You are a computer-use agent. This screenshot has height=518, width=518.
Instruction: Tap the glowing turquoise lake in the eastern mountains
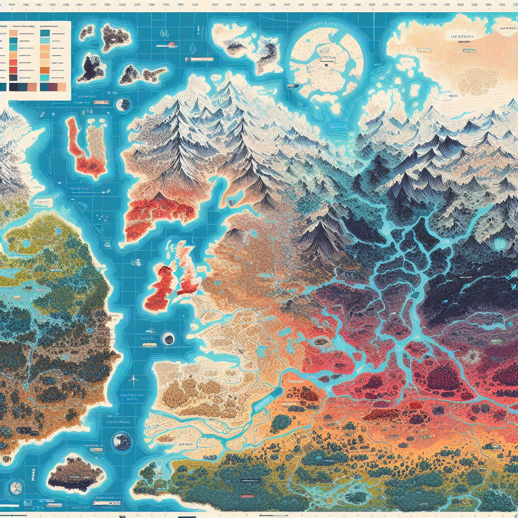[501, 244]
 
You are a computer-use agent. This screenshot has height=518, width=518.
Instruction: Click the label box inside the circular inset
[324, 59]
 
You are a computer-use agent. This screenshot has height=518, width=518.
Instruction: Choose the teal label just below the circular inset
[336, 126]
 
